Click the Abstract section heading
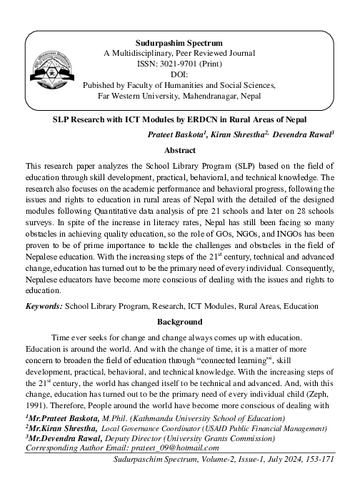pos(179,151)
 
